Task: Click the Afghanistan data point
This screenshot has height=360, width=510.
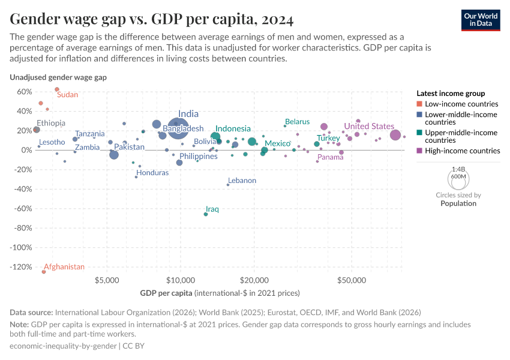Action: [x=44, y=272]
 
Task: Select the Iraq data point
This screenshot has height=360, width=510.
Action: [x=206, y=214]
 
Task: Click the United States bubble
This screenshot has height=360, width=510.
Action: [x=395, y=135]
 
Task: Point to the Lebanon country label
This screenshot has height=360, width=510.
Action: [x=242, y=181]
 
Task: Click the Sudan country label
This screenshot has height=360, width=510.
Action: [x=67, y=95]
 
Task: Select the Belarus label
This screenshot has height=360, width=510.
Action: [x=297, y=122]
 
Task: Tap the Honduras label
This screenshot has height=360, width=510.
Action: [x=152, y=173]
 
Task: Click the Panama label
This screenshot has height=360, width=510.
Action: [x=331, y=157]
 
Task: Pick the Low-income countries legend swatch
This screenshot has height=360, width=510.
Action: [x=419, y=104]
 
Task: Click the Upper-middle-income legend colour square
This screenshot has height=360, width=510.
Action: [x=419, y=133]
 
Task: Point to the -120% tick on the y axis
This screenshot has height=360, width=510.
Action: [x=22, y=267]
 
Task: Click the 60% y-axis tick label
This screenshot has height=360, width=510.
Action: [x=23, y=92]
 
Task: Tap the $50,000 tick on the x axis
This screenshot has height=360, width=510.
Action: [x=352, y=280]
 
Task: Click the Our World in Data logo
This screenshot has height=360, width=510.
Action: [x=480, y=19]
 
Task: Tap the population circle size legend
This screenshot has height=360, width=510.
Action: [x=458, y=178]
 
